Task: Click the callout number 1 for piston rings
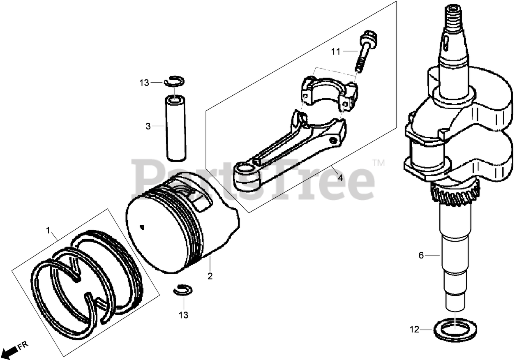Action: click(48, 230)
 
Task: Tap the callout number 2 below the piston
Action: click(210, 276)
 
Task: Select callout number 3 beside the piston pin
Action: click(148, 127)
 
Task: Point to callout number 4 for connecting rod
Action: click(340, 178)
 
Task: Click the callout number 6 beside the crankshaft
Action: click(421, 255)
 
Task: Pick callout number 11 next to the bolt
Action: click(336, 51)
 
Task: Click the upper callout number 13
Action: click(144, 83)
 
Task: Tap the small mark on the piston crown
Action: click(142, 226)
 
